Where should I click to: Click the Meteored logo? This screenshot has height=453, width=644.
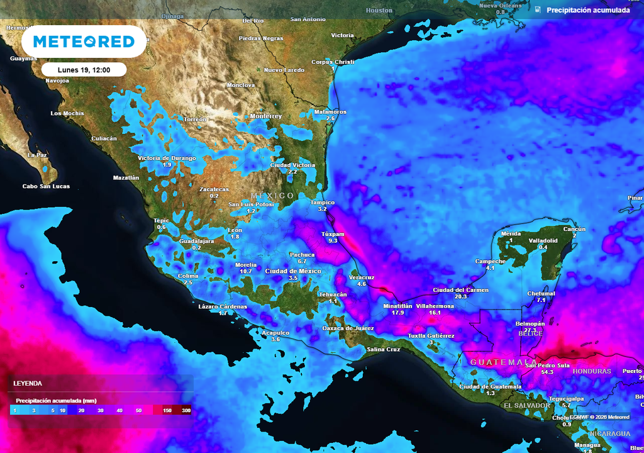(x=84, y=42)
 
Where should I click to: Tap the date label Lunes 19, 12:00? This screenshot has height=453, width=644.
(x=84, y=70)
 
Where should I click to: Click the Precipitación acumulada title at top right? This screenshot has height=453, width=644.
(x=588, y=10)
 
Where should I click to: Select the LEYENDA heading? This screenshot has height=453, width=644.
(x=28, y=383)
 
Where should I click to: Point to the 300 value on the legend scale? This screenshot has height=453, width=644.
(x=186, y=410)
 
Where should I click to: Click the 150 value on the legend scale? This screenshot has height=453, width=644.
(x=167, y=410)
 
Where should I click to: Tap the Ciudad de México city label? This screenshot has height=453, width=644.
(x=293, y=271)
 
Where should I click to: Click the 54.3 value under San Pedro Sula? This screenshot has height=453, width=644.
(x=547, y=372)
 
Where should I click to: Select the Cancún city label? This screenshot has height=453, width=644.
(x=574, y=229)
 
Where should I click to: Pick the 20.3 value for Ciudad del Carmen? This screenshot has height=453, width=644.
(x=460, y=296)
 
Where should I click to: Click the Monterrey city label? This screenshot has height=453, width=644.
(x=266, y=116)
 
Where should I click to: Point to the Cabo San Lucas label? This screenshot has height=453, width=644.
(x=46, y=186)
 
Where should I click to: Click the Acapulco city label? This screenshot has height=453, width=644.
(x=275, y=332)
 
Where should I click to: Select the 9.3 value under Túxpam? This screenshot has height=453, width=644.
(x=333, y=240)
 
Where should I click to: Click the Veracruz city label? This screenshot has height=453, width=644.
(x=361, y=277)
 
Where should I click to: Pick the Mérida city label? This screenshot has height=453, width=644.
(x=511, y=233)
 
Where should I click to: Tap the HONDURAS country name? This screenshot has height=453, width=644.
(x=591, y=371)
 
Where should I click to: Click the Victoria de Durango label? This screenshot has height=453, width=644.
(x=167, y=158)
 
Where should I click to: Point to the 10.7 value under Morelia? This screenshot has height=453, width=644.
(x=246, y=272)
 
